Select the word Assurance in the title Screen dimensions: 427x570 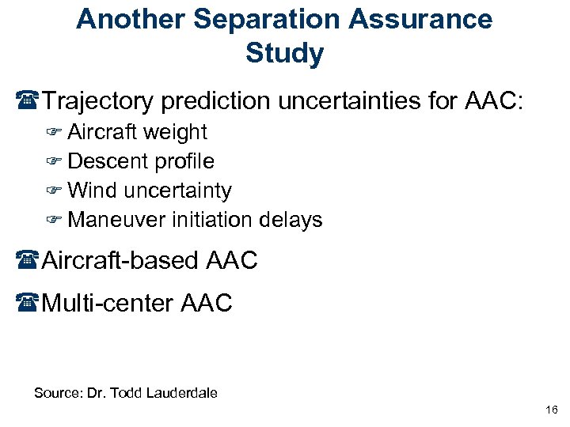click(x=421, y=19)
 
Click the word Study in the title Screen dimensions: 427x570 click(x=284, y=54)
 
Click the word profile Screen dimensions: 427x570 click(x=184, y=161)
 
